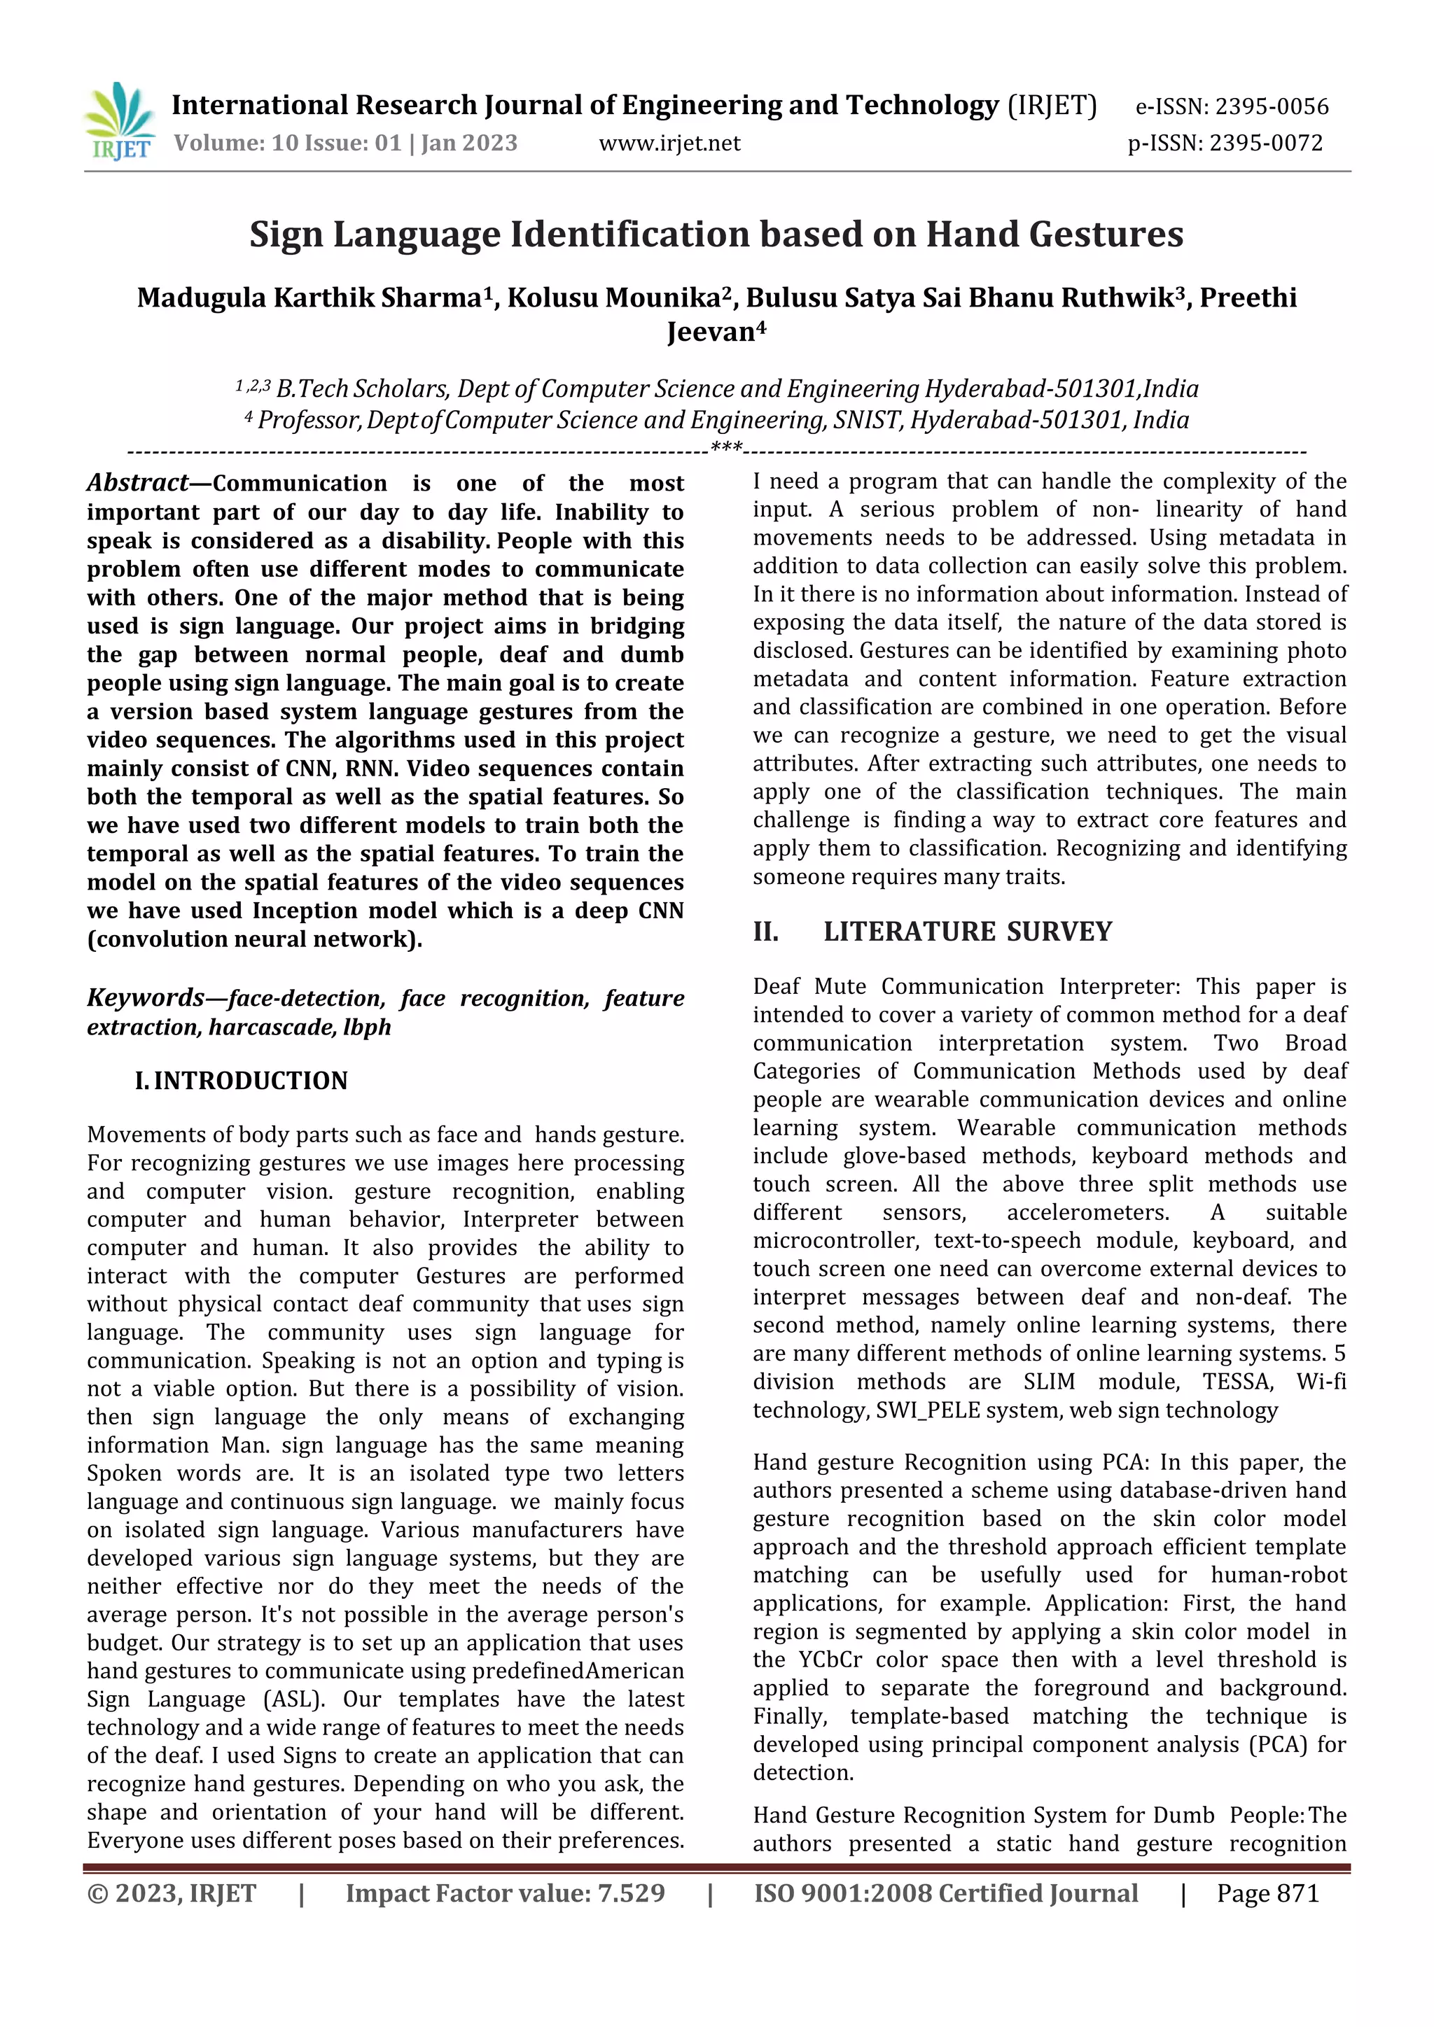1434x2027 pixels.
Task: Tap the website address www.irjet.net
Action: pyautogui.click(x=669, y=143)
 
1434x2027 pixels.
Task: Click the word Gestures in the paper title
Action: pyautogui.click(x=1107, y=234)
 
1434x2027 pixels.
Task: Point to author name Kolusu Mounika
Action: pyautogui.click(x=613, y=298)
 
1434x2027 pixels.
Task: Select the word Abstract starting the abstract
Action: pyautogui.click(x=137, y=483)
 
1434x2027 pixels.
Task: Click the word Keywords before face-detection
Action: pyautogui.click(x=146, y=997)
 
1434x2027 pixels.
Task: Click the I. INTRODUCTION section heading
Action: pyautogui.click(x=241, y=1081)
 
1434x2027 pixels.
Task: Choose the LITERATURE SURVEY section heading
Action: pyautogui.click(x=968, y=932)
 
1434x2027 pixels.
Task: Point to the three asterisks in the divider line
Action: pyautogui.click(x=727, y=449)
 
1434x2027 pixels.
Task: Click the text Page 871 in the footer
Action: pyautogui.click(x=1267, y=1893)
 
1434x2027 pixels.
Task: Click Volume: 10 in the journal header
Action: pyautogui.click(x=222, y=143)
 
